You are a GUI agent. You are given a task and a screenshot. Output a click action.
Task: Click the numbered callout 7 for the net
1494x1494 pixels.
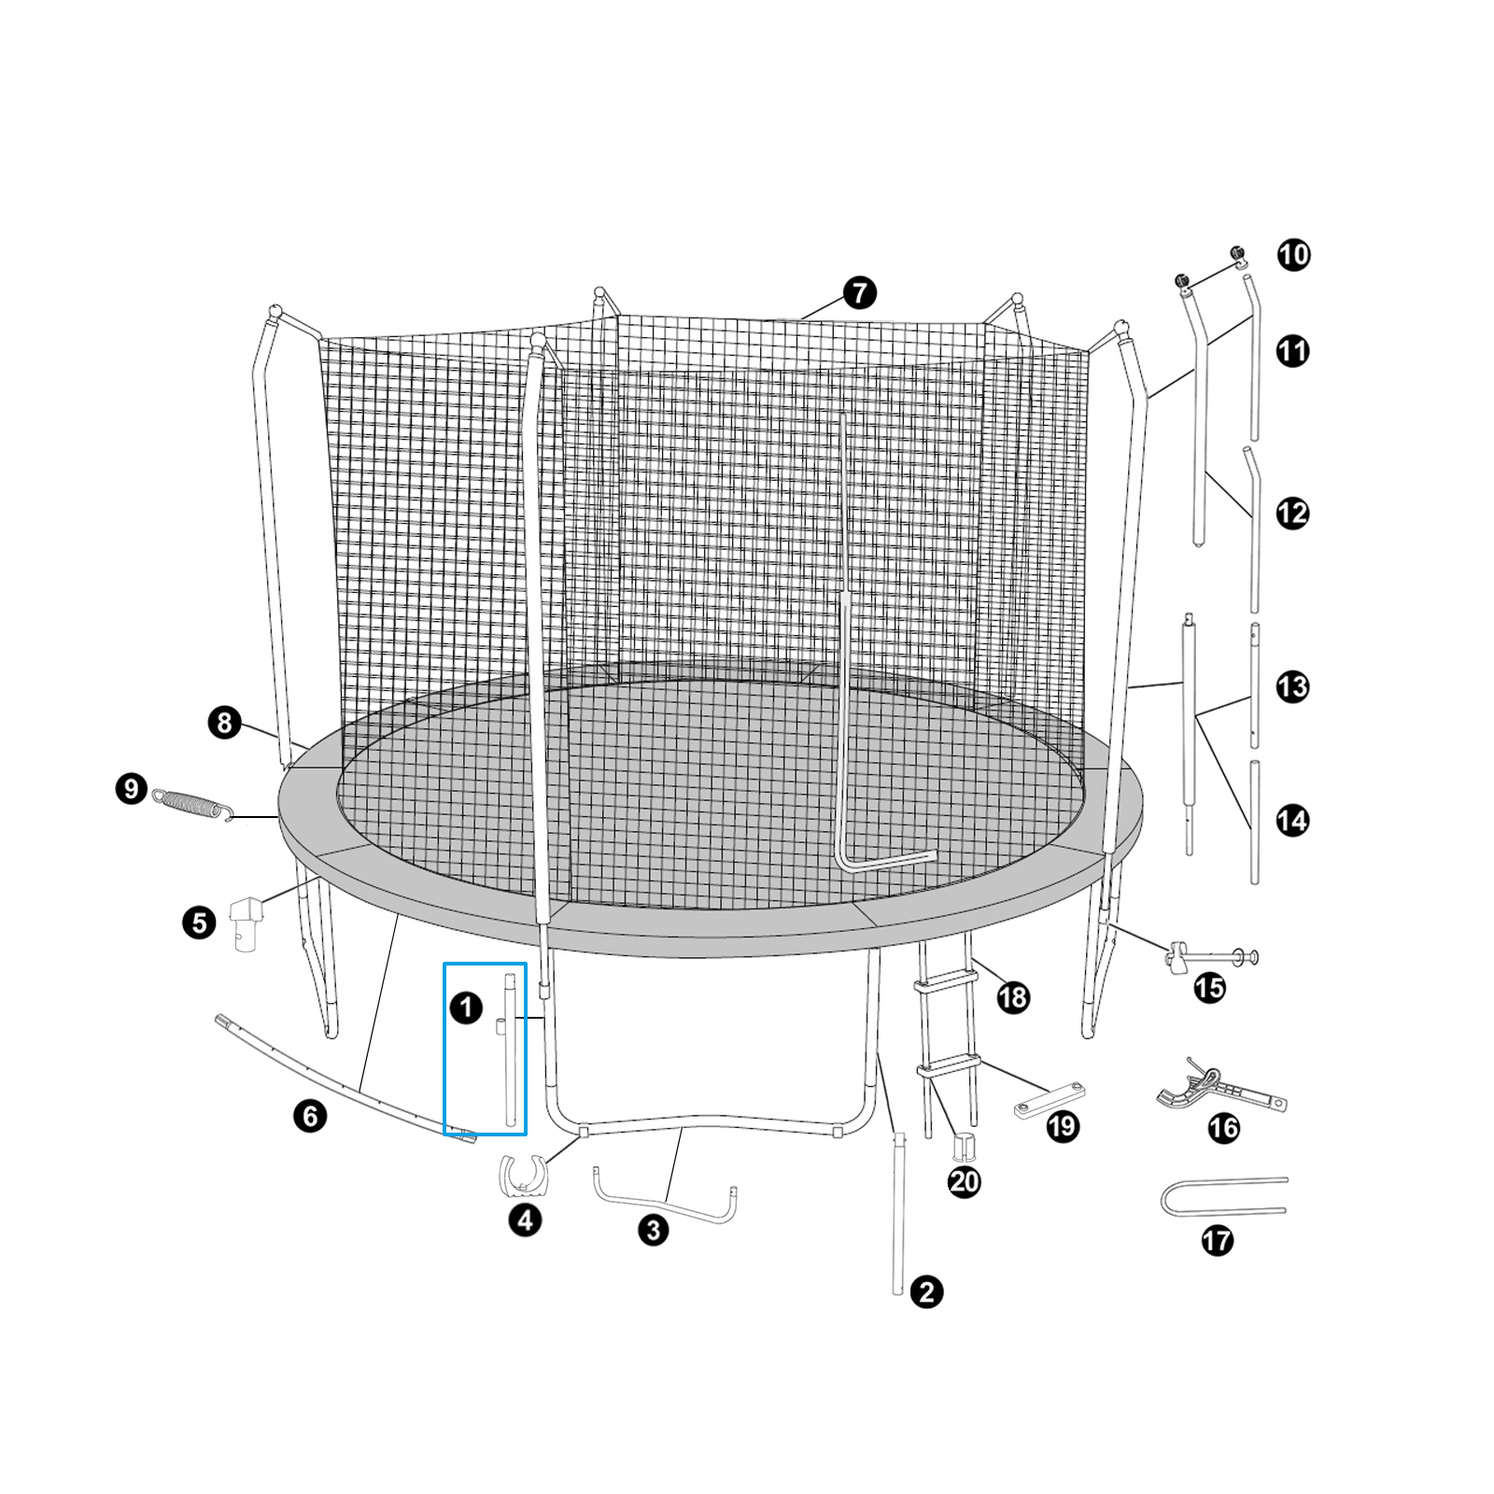pos(859,293)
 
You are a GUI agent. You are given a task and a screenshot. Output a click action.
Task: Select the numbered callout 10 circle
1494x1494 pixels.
pos(1293,255)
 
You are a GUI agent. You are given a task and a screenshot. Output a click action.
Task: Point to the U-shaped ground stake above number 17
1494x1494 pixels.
pos(1219,1196)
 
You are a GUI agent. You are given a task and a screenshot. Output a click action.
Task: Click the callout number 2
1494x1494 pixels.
pos(926,1292)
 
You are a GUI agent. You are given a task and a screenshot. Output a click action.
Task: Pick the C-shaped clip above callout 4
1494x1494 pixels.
pos(524,1175)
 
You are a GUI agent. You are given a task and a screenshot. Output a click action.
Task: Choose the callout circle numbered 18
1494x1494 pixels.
pos(1012,997)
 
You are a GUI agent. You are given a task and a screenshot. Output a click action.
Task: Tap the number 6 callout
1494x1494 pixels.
pos(310,1115)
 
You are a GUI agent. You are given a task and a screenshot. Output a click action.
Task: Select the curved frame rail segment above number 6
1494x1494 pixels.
pos(345,1078)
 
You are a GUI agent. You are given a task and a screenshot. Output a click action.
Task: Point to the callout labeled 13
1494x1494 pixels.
pos(1293,687)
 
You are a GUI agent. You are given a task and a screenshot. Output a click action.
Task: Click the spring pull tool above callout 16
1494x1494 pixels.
pos(1219,1088)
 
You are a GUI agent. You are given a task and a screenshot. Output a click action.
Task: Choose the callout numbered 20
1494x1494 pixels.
pos(965,1182)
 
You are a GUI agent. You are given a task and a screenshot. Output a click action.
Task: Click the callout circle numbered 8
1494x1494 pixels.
pos(224,722)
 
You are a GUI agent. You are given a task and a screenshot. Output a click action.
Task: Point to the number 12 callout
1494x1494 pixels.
pos(1293,513)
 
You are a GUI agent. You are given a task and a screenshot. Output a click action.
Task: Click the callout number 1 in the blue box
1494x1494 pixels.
pos(466,1008)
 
